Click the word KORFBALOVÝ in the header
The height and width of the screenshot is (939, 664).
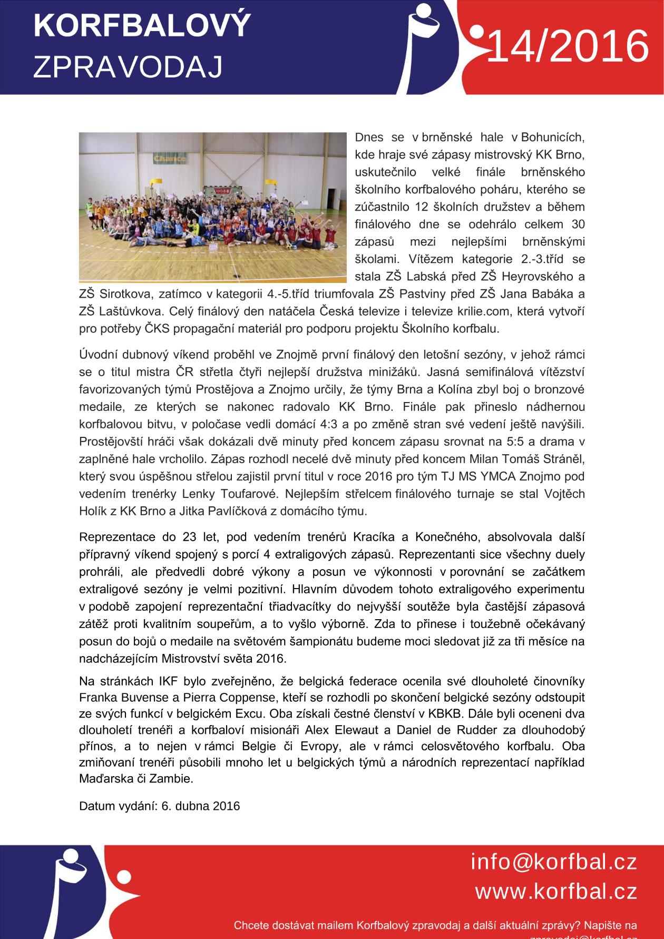142,25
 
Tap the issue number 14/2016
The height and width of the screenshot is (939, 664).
568,46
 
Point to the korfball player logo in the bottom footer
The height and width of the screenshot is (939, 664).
69,891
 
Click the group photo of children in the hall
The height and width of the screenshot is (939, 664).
213,207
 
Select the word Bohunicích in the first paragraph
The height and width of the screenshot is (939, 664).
553,138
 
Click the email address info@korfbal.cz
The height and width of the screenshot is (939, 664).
554,863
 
